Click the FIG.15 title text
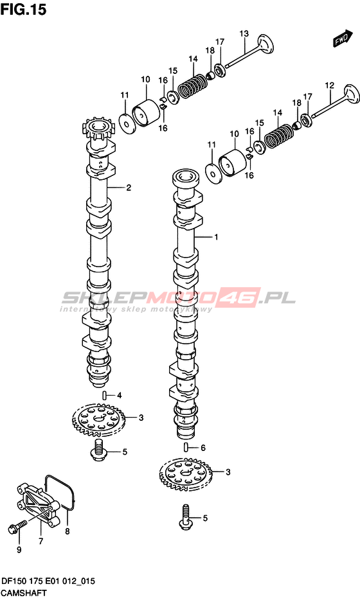point(23,9)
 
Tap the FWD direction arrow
point(342,38)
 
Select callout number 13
point(244,33)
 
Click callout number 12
point(329,85)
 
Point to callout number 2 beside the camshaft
point(129,188)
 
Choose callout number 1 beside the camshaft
point(216,237)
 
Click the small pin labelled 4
point(104,395)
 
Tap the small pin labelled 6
point(186,446)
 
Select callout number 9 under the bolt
point(19,550)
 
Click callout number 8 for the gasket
point(67,531)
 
